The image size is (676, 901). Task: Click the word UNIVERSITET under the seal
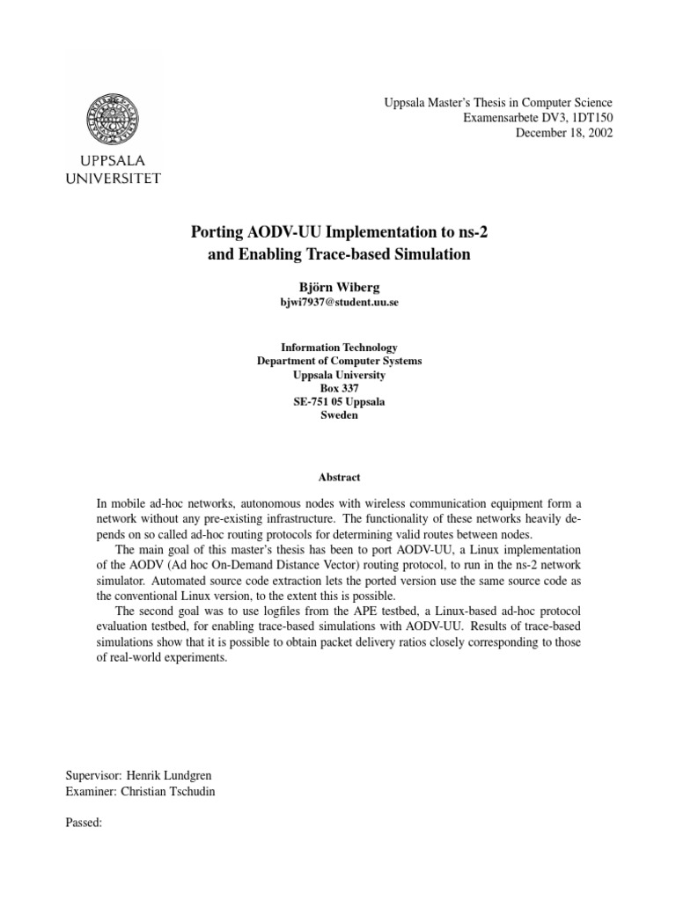tap(114, 179)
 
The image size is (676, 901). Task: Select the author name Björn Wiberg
tap(338, 286)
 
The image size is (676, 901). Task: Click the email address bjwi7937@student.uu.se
tap(338, 302)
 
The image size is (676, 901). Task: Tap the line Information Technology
tap(338, 348)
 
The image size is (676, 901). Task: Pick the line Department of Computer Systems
tap(338, 361)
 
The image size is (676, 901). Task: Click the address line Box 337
tap(338, 388)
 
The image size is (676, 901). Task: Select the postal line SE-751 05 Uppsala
tap(338, 401)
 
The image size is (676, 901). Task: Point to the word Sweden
tap(338, 415)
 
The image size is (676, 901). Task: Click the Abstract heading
tap(338, 477)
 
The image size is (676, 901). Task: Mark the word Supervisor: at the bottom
tap(94, 776)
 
